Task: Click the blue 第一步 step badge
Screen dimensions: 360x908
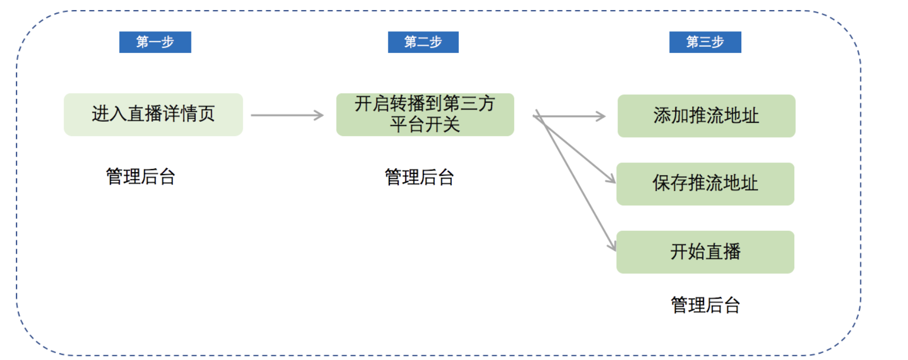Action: [155, 42]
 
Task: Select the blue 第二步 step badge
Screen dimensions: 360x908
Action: [423, 42]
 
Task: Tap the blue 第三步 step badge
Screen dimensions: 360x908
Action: [705, 42]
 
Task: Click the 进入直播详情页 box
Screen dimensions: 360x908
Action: [153, 114]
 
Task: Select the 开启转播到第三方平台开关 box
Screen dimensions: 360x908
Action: [425, 114]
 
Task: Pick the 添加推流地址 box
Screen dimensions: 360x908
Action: [706, 116]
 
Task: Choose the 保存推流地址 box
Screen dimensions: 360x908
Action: [705, 184]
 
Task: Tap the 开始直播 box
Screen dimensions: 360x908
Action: [705, 252]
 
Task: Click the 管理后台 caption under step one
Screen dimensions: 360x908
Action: [140, 176]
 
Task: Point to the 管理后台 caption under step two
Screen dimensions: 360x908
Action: [419, 177]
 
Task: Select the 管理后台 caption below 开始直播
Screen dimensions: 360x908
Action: [705, 305]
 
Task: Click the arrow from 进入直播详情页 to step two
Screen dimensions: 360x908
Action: [287, 115]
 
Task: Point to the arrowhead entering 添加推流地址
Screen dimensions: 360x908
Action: [601, 116]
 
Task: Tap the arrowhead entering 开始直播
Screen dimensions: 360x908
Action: [612, 246]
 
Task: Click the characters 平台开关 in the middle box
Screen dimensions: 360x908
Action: [425, 125]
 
